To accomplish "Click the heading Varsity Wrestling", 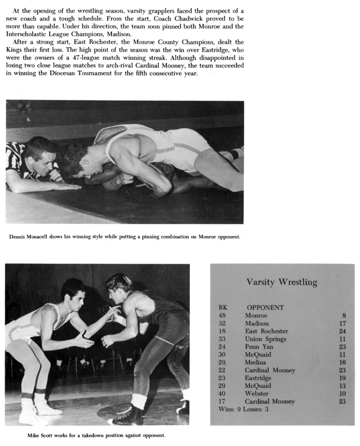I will click(282, 282).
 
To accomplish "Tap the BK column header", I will click(223, 308).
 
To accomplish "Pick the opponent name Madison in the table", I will click(256, 323).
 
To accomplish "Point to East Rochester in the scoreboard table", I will click(266, 331).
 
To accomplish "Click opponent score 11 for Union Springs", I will click(342, 339).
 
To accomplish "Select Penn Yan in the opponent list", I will click(259, 347).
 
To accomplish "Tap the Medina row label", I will click(255, 362).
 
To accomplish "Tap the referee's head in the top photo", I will click(40, 153).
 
